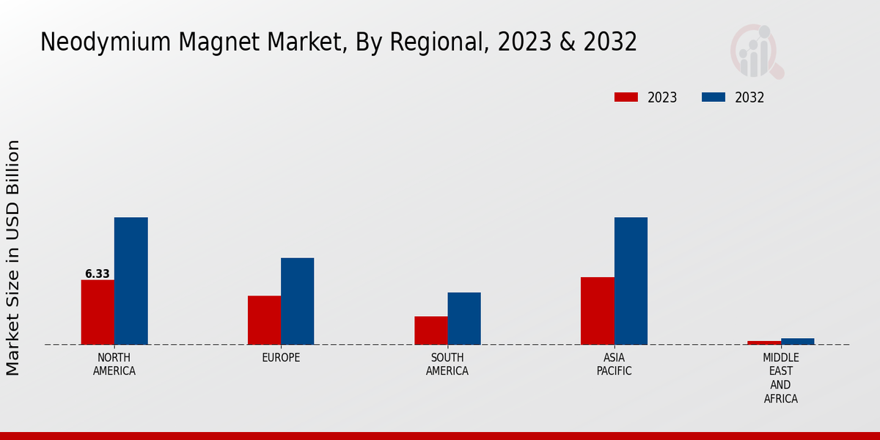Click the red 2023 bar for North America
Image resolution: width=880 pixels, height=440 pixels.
98,312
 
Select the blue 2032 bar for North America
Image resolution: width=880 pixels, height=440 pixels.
131,281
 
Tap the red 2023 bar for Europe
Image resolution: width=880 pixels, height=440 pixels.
264,320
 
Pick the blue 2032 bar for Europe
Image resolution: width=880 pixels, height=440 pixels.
297,301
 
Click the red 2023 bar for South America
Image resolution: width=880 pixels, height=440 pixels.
430,330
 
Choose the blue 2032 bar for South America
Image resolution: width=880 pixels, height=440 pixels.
464,318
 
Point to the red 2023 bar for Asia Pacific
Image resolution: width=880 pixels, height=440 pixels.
597,310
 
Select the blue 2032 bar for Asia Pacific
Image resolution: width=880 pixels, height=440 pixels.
631,281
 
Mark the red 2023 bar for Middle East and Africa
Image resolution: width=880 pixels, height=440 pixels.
764,342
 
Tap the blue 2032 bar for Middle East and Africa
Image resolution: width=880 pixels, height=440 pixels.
798,341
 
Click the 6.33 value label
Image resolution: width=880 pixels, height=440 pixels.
98,274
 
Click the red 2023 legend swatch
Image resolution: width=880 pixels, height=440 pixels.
626,98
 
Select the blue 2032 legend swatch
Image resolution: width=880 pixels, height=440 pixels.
714,98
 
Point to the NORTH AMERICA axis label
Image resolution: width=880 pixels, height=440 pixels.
114,364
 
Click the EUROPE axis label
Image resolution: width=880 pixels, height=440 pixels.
281,358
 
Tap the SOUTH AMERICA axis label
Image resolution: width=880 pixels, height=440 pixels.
447,364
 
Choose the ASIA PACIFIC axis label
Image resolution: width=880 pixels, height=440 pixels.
614,364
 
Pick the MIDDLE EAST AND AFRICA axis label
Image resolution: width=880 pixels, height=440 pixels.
780,378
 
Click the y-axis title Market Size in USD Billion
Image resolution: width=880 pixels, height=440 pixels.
13,257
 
